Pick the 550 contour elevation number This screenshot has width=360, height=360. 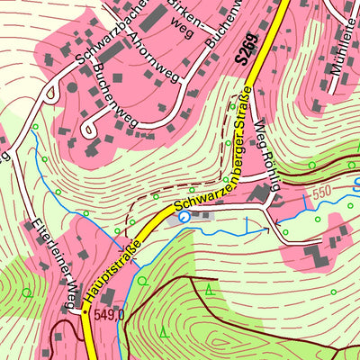322,193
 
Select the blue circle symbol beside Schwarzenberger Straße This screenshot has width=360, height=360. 184,217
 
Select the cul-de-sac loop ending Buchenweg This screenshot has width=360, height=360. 90,130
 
